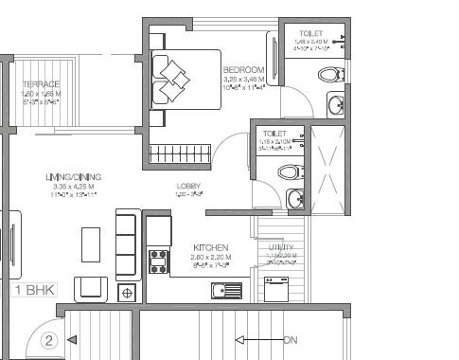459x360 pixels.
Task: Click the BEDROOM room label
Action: tap(242, 70)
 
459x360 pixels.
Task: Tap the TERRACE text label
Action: tap(41, 84)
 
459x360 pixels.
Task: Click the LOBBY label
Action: tap(187, 186)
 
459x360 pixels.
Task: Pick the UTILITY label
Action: tap(281, 247)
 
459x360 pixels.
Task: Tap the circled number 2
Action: tap(51, 338)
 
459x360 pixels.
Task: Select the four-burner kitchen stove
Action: tap(159, 261)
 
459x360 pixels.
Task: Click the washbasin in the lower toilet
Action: tap(295, 198)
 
